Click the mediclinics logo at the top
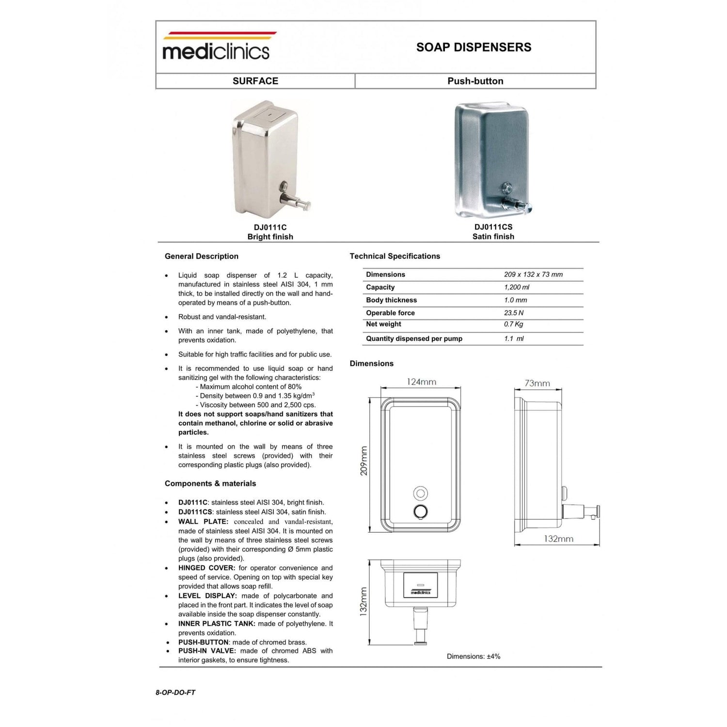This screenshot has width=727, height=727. [216, 47]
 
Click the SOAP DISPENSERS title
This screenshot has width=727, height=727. [474, 47]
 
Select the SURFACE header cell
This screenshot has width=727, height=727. [255, 81]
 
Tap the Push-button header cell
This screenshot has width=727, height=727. [475, 81]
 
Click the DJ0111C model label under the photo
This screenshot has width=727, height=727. [270, 227]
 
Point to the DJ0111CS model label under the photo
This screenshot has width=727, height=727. [493, 227]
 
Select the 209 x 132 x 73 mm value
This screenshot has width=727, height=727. [533, 274]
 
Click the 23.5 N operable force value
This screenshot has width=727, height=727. [514, 313]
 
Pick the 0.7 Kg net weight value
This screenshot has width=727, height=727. [513, 324]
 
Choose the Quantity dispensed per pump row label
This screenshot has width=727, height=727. [414, 338]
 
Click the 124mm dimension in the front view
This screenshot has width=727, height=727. [421, 382]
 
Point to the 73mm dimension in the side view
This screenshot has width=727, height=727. [537, 383]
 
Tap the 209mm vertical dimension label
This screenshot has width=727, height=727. [364, 460]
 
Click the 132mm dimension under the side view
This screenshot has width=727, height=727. [558, 538]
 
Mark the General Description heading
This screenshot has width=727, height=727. [202, 256]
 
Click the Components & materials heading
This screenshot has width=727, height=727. [210, 483]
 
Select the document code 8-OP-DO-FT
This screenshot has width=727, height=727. [175, 693]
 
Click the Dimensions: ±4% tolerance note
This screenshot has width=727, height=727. [474, 656]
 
